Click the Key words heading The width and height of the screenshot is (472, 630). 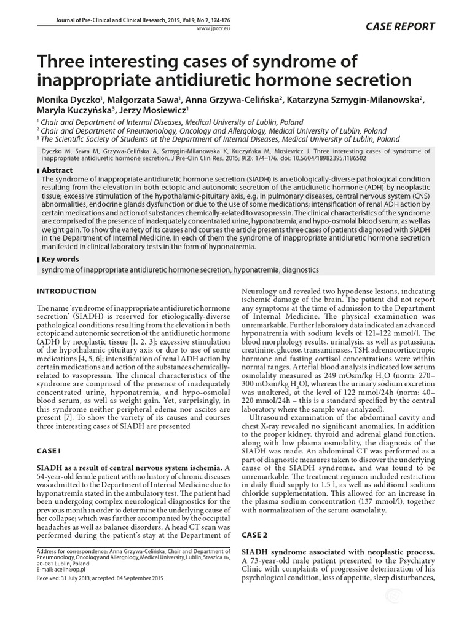point(61,260)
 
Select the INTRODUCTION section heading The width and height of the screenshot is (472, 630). point(67,291)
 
